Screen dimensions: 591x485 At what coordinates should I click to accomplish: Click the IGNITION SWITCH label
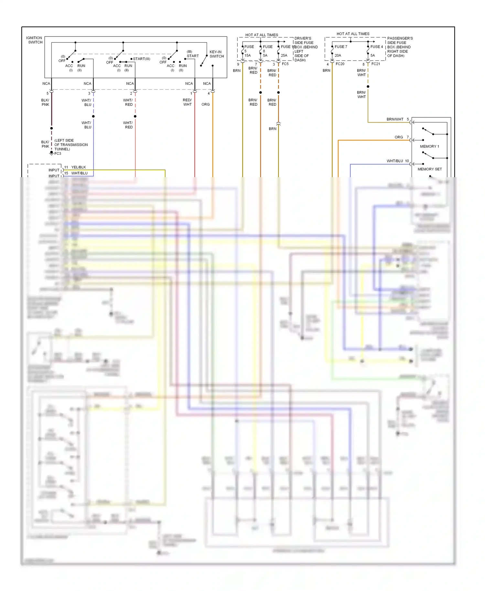[x=34, y=40]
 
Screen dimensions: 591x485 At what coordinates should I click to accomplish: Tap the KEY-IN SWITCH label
[x=217, y=54]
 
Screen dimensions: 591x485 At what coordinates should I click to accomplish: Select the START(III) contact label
[x=142, y=59]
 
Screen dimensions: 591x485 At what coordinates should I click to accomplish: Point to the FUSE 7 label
[x=341, y=47]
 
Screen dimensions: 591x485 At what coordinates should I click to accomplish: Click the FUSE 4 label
[x=377, y=47]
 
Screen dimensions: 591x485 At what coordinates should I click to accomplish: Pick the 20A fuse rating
[x=338, y=56]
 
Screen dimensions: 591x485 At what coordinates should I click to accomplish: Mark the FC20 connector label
[x=340, y=64]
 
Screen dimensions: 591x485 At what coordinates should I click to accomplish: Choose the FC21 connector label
[x=376, y=64]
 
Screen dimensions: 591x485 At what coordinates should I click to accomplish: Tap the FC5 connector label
[x=285, y=64]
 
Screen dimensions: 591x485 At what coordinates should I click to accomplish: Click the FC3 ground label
[x=58, y=154]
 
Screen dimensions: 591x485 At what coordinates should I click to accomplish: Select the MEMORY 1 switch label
[x=429, y=146]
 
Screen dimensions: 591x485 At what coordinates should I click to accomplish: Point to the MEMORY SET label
[x=430, y=169]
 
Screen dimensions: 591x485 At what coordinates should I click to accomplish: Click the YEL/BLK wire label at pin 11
[x=79, y=167]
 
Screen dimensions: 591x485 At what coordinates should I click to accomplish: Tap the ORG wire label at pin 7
[x=399, y=137]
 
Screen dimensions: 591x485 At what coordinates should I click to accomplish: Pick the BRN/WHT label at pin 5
[x=395, y=119]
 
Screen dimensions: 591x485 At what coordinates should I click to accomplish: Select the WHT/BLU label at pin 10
[x=395, y=161]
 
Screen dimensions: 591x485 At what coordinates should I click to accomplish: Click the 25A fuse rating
[x=284, y=56]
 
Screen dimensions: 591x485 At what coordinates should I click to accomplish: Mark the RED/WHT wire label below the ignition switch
[x=187, y=102]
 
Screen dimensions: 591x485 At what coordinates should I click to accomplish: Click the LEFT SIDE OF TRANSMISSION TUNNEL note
[x=71, y=145]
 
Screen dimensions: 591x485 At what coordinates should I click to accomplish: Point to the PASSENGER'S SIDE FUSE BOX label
[x=400, y=47]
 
